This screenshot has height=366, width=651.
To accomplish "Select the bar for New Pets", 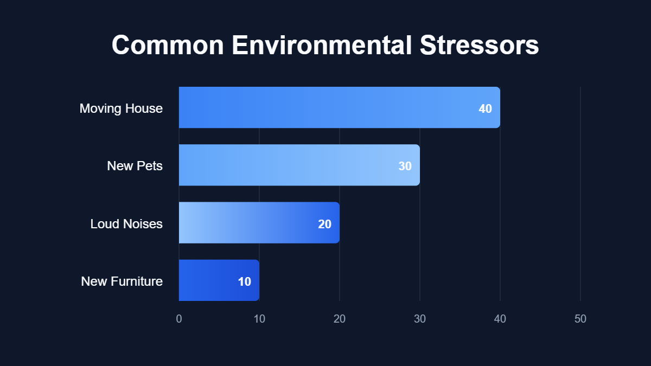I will click(299, 165).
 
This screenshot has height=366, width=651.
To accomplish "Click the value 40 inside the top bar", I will click(485, 108).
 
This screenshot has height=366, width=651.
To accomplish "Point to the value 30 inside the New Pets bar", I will click(405, 166).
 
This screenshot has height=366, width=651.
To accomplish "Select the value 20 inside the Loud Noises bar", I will click(324, 224).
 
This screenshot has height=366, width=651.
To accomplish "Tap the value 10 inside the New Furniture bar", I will click(244, 281).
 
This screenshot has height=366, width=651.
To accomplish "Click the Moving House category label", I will click(121, 108).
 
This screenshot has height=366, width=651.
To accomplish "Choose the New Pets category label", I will click(135, 166).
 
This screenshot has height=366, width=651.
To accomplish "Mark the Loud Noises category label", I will click(126, 224).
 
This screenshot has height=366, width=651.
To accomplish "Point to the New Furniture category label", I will click(122, 281).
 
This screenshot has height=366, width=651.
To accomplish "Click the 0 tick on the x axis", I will click(179, 319).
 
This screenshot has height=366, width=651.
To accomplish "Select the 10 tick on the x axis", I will click(259, 319).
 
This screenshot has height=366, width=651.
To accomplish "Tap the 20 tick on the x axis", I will click(340, 319).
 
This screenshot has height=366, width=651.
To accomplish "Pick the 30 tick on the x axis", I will click(420, 319).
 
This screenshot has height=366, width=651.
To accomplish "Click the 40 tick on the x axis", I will click(500, 319).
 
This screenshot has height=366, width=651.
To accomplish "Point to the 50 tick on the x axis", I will click(580, 319).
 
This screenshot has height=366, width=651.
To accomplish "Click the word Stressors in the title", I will click(479, 45).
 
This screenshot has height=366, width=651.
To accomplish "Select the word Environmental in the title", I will click(322, 45).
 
